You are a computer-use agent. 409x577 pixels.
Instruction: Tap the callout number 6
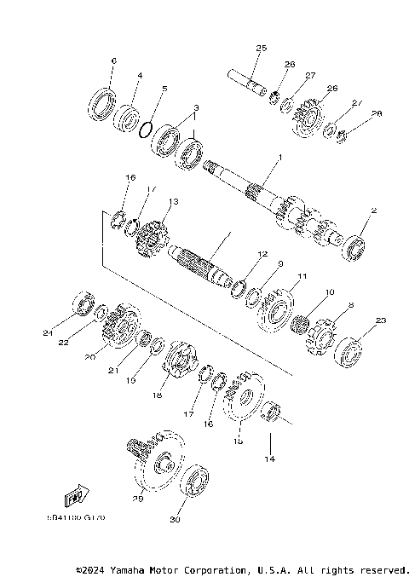click(112, 60)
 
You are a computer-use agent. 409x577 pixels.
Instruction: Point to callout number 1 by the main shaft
click(277, 159)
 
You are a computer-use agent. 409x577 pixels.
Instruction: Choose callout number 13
click(173, 202)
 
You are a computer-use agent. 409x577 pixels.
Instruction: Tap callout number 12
click(263, 254)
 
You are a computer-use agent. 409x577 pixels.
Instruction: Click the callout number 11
click(301, 277)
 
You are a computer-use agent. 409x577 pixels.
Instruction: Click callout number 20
click(89, 358)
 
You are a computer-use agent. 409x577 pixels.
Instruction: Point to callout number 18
click(157, 395)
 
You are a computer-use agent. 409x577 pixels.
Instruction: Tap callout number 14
click(270, 459)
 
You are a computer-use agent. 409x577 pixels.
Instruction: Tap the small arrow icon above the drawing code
click(75, 495)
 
